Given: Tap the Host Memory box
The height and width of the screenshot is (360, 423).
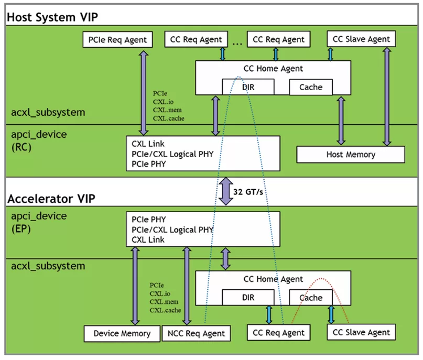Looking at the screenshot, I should [350, 155].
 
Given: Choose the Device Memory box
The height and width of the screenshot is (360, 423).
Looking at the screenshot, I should [122, 333].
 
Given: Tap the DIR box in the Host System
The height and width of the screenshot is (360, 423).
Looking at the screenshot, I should [248, 87].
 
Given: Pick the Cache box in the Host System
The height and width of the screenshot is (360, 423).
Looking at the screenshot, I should [310, 87].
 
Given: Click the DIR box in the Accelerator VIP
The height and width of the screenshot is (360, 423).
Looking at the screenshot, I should [248, 298].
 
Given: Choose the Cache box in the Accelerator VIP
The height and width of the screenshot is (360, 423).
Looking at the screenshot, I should [310, 298].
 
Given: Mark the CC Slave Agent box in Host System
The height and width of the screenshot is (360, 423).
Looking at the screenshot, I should [361, 39].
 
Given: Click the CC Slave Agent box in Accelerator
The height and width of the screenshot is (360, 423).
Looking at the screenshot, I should [361, 332].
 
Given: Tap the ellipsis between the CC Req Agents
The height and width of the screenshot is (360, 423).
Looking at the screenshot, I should [237, 40].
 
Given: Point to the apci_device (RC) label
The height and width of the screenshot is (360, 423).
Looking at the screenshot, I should [39, 140].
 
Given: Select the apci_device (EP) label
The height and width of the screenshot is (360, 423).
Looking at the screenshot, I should [39, 222].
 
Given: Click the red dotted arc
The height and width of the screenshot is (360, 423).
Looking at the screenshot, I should [321, 278].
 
